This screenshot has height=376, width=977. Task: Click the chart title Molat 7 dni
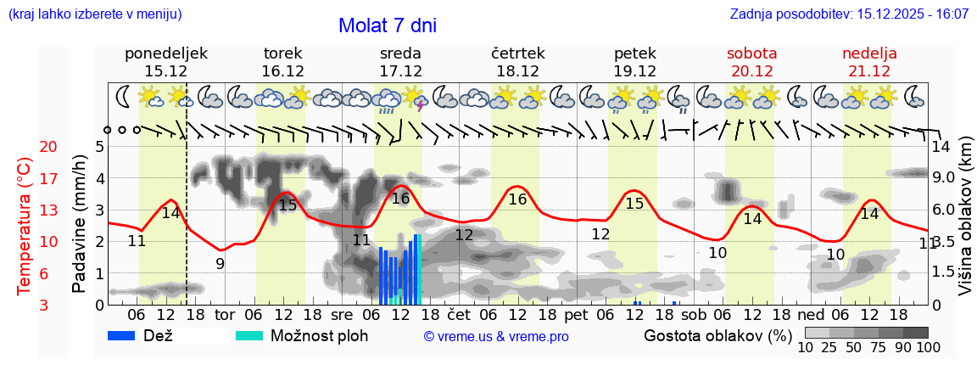click(388, 25)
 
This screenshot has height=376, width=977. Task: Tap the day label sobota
click(751, 53)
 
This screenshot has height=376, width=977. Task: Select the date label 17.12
click(400, 71)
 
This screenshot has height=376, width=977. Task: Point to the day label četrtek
click(517, 53)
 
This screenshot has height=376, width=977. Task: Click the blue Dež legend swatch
click(127, 335)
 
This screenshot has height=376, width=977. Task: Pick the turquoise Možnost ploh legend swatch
click(249, 335)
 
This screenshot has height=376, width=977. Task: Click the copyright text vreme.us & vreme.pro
click(496, 337)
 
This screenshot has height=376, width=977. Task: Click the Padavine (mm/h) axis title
click(80, 224)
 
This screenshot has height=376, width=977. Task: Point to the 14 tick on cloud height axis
click(941, 147)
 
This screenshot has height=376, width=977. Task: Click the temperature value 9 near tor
click(220, 263)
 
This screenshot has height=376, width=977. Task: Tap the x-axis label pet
click(577, 315)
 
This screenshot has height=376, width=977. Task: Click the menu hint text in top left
click(94, 14)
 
